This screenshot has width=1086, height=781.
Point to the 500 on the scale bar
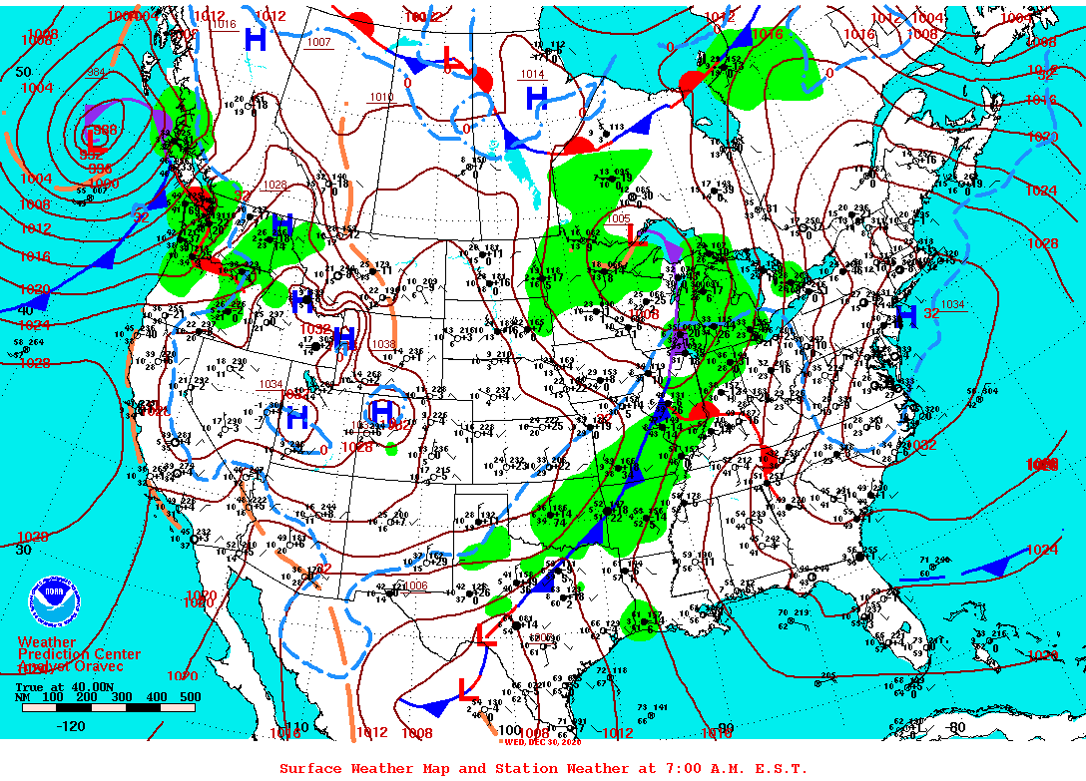coord(190,697)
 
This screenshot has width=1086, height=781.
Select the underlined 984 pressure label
coord(96,73)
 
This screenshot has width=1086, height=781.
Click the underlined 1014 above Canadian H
coord(532,75)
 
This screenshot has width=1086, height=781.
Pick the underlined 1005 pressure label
coord(618,218)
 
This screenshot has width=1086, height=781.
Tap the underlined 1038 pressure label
coord(382,344)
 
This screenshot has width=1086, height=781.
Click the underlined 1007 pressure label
coord(318,43)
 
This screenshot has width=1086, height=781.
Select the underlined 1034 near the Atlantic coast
coord(951,305)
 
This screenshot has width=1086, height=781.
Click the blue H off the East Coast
coord(905,317)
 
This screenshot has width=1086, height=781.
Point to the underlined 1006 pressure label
coord(415,586)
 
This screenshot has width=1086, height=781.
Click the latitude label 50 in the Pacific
coord(24,73)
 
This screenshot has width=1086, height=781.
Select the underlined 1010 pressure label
coord(381,98)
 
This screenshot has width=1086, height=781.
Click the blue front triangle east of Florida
coord(994,568)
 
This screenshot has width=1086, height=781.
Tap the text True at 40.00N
coord(54,686)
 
